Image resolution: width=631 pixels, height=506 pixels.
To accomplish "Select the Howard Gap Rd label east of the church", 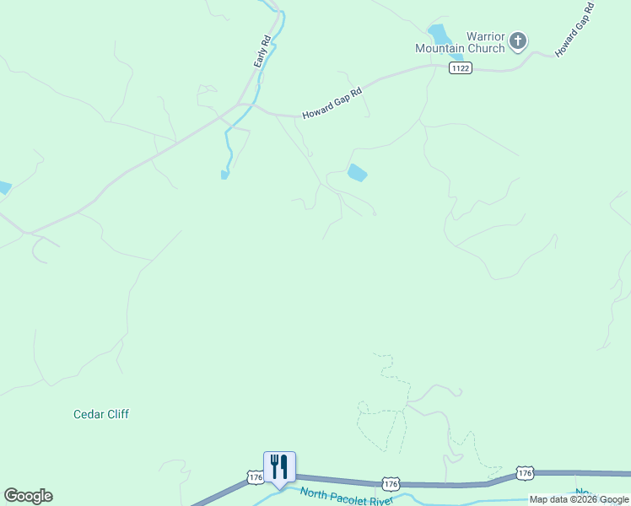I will (575, 30).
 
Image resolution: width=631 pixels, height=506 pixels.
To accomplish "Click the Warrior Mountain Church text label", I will (460, 43).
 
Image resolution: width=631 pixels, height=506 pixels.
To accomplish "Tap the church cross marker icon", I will (519, 40).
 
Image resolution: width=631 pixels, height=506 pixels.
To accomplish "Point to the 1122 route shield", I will (460, 68).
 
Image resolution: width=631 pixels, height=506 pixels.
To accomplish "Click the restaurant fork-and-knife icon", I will (279, 466).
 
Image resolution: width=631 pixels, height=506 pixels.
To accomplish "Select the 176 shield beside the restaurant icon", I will (256, 478).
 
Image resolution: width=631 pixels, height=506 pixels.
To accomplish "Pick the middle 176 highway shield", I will (390, 483).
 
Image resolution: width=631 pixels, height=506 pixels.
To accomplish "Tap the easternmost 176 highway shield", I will (525, 473).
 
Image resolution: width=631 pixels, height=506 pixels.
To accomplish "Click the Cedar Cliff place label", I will (101, 414).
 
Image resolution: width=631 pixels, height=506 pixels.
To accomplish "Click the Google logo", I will (28, 496).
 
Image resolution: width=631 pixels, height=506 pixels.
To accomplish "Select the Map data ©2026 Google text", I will (579, 500).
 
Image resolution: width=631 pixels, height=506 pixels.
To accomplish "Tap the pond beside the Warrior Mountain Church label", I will (438, 35).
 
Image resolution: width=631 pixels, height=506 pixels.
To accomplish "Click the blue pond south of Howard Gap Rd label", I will (357, 173).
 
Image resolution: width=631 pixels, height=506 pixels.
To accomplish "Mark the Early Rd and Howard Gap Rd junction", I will (245, 105).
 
